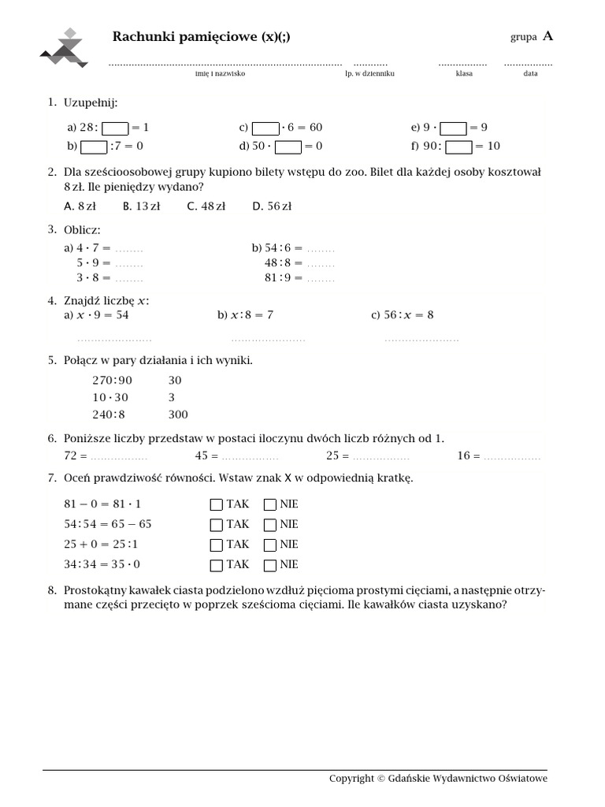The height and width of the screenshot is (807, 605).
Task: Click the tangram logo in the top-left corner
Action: [65, 49]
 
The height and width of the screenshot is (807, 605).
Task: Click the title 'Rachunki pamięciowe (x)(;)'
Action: [195, 37]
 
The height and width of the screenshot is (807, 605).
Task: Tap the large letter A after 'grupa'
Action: [547, 36]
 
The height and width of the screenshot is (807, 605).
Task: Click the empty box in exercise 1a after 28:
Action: [115, 128]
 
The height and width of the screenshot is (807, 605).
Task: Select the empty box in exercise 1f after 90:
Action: [458, 146]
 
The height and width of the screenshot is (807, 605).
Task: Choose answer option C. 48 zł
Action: [206, 206]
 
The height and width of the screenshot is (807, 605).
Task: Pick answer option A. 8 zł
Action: [80, 206]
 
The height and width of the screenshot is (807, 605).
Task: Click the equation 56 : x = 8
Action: [402, 315]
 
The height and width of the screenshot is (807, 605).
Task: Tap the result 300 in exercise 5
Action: [178, 415]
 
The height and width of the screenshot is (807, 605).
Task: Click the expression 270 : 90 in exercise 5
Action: [113, 380]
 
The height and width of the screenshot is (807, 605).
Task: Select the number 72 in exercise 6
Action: [70, 456]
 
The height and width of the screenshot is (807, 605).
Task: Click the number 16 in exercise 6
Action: [463, 456]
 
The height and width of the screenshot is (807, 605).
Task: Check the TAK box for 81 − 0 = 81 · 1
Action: [216, 504]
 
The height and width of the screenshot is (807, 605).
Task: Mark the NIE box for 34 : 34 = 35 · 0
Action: [270, 565]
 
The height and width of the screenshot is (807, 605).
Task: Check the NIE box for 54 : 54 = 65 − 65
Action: [270, 525]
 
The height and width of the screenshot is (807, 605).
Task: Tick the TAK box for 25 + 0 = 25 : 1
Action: [216, 545]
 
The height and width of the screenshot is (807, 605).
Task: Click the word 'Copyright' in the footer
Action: [351, 779]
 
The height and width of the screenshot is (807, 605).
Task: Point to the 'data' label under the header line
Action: [530, 73]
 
